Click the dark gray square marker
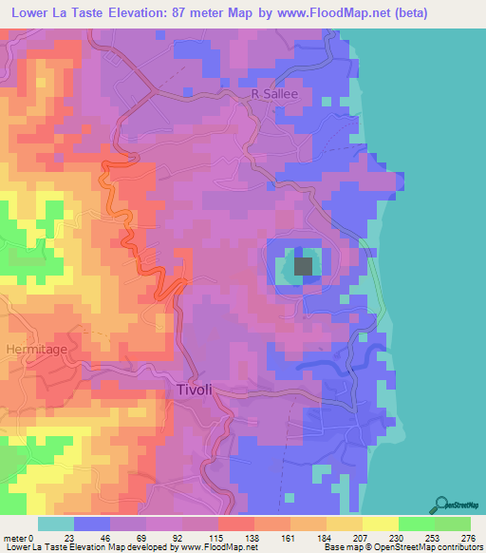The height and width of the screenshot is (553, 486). [304, 267]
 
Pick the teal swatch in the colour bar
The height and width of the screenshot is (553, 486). [56, 524]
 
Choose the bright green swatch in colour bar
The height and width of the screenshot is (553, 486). [417, 524]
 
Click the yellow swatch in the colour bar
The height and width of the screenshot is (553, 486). [381, 524]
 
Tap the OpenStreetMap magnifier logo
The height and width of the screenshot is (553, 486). [443, 504]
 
